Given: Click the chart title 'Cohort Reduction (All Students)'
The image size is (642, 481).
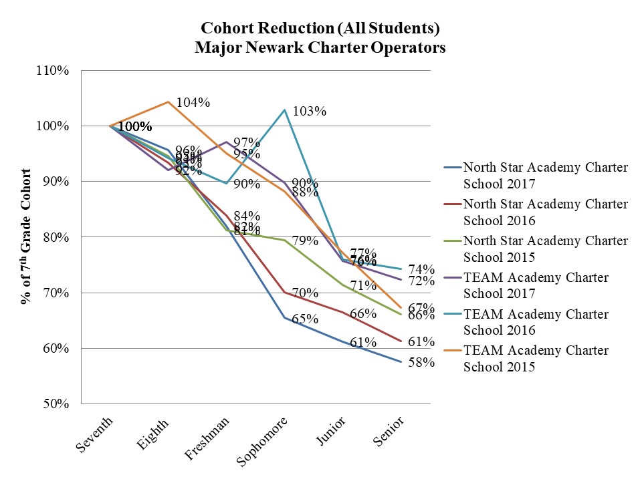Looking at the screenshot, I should [x=320, y=29].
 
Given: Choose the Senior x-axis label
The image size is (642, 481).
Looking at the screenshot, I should [x=389, y=432].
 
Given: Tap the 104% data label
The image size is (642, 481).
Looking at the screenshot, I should [x=194, y=102].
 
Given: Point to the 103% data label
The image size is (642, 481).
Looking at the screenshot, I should [x=310, y=111].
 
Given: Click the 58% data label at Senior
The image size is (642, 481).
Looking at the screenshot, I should [x=422, y=363].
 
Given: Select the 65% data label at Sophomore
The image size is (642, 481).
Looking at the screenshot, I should [x=305, y=319].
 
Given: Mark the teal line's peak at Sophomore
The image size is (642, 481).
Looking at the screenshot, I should [x=285, y=110].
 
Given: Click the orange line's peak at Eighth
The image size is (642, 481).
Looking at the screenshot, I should [x=167, y=102].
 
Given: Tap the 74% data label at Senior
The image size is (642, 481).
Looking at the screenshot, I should [x=422, y=269].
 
